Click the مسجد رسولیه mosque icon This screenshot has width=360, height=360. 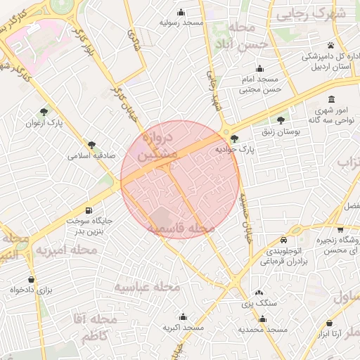click(181, 11)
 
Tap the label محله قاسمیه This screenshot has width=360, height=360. click(181, 229)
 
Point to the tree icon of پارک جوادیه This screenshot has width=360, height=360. click(233, 139)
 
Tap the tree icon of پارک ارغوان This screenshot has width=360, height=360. click(44, 111)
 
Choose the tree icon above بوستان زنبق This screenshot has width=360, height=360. click(281, 120)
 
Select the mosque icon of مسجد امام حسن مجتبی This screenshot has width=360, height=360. click(259, 69)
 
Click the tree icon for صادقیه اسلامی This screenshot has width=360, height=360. click(91, 145)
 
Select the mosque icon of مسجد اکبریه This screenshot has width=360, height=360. click(183, 317)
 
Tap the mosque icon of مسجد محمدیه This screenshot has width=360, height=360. click(262, 318)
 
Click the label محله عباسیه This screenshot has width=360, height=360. click(148, 287)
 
